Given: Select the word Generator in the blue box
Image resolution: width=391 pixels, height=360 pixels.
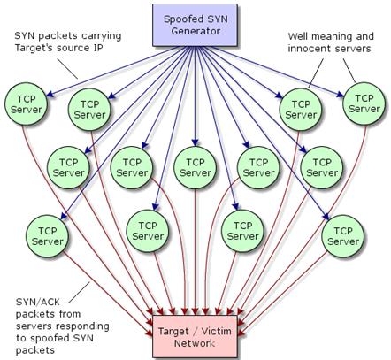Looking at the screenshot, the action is coord(195,31).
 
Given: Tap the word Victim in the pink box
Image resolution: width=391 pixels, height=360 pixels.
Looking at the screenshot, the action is coord(217,331).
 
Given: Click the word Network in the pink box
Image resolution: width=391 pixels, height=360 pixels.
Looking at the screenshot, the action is coord(195,343).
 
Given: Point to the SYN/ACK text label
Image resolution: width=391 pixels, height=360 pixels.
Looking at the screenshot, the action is coord(38,303).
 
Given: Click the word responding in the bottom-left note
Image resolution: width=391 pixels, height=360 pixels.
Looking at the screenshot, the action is coord(82,326).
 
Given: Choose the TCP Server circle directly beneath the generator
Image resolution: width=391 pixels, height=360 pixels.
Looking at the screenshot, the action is coord(195,167).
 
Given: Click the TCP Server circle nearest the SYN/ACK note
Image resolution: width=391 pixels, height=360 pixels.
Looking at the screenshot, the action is coord(47,236).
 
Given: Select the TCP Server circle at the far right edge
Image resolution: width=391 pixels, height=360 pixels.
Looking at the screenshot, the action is coord(364,103).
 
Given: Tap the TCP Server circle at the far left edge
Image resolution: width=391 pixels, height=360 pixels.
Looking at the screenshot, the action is coord(26,104).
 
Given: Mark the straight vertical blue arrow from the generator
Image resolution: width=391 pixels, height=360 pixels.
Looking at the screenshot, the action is coord(195,96).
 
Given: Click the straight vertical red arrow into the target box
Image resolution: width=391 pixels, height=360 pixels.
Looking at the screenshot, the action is coord(195,252).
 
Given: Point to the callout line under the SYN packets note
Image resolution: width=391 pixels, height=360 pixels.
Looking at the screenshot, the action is coord(67,69).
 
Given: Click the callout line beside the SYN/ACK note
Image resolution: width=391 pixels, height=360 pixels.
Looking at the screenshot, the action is coord(79,292).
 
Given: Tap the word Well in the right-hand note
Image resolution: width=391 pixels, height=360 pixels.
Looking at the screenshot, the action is coord(298,37).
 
